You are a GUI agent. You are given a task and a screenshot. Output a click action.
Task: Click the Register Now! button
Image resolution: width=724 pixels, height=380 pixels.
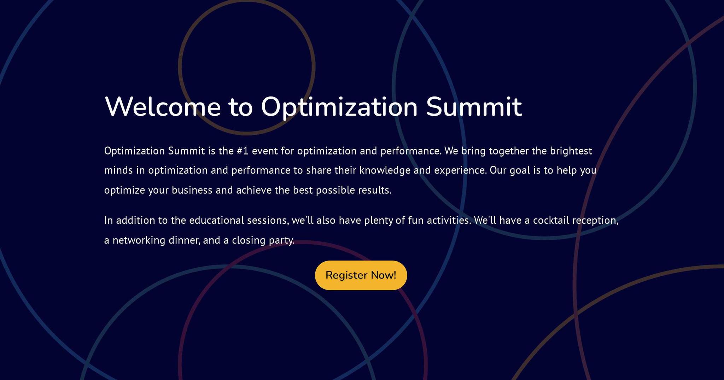point(361,275)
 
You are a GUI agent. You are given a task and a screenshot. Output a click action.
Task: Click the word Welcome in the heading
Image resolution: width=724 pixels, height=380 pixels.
point(163,106)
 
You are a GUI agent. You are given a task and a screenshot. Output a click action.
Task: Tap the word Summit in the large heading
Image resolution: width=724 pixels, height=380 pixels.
point(474,106)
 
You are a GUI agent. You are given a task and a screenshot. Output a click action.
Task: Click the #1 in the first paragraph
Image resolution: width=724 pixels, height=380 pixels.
point(243,151)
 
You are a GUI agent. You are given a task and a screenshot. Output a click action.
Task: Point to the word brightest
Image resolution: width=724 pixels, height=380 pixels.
point(571,151)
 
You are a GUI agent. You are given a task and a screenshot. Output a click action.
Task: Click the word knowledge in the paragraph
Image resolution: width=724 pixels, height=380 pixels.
point(385,171)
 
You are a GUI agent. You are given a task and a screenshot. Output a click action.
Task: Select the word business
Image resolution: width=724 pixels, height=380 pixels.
point(192,190)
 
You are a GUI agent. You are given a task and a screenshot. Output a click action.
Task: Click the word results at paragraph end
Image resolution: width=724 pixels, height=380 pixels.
point(374,190)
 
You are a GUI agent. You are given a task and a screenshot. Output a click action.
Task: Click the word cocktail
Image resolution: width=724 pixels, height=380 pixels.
point(551,221)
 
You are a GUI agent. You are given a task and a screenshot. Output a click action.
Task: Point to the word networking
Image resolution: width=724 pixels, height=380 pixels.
point(139,240)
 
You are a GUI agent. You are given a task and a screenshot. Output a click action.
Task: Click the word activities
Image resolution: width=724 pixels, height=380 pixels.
point(449,221)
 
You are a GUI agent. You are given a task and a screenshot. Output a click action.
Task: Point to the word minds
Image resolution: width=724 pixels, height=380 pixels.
point(118,171)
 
